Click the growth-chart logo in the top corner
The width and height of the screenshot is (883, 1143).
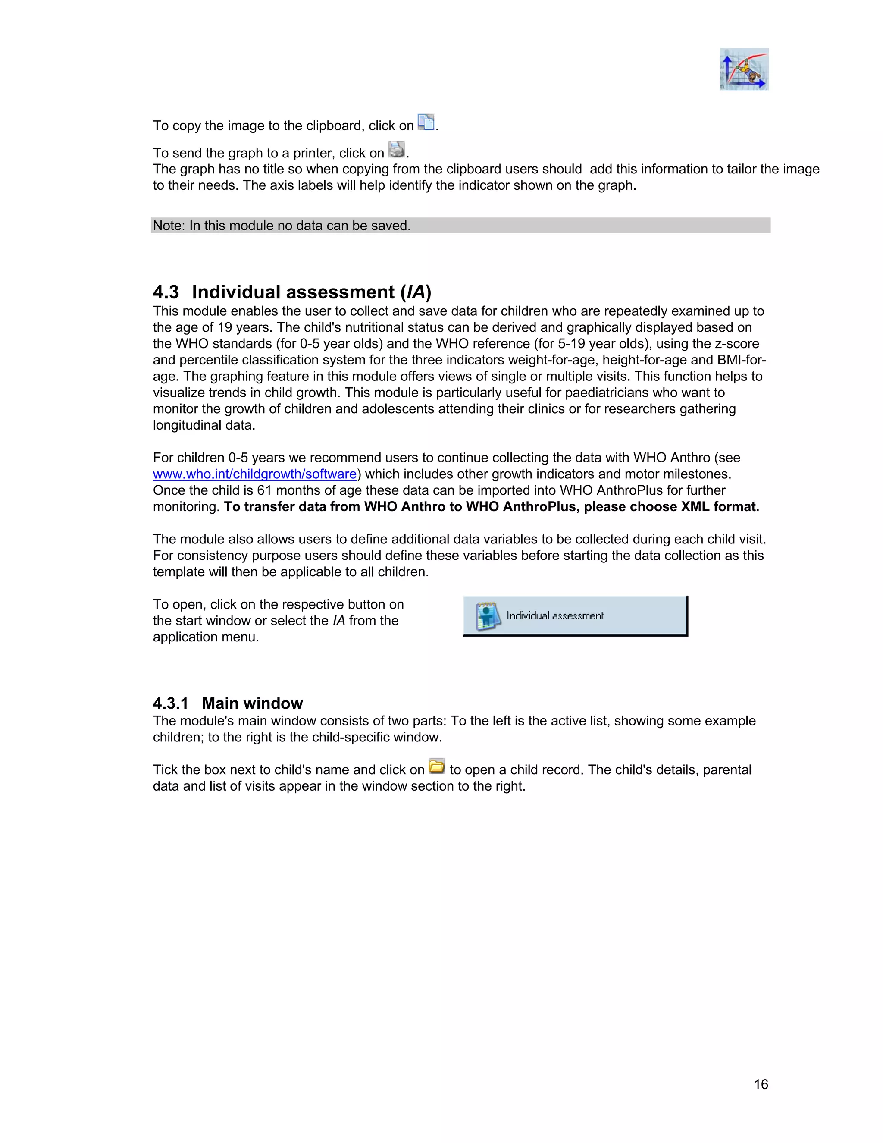744,69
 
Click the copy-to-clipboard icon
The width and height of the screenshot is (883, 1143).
426,122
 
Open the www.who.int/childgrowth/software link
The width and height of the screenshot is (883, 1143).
254,474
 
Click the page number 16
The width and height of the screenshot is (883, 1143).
761,1084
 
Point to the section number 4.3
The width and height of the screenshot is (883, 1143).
166,292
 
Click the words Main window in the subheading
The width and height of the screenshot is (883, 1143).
252,703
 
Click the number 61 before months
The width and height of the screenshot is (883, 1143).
264,490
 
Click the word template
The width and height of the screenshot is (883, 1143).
179,571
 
